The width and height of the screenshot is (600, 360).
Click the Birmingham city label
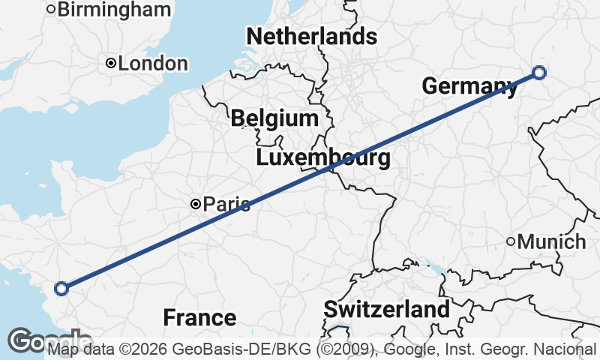pos(114,10)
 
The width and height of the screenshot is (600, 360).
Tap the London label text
pos(153,64)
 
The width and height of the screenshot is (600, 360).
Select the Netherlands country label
pos(311,36)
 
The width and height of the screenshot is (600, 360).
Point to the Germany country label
pos(469,86)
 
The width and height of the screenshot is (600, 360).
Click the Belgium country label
pos(274,118)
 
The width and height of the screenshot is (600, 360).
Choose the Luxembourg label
pos(323,158)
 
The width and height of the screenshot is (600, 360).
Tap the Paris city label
pos(226,204)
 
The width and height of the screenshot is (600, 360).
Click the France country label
pos(199,317)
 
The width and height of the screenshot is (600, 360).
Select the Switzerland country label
pos(387,309)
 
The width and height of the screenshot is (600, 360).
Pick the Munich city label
pos(552,242)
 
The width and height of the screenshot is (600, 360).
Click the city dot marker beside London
pos(110,64)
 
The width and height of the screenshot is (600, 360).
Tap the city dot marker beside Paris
pos(195,203)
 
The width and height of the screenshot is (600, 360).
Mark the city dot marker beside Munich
pos(511,241)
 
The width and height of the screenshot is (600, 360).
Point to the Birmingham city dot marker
pos(51,9)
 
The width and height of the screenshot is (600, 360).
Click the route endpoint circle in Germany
pos(538,73)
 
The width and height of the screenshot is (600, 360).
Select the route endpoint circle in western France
pos(61,288)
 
